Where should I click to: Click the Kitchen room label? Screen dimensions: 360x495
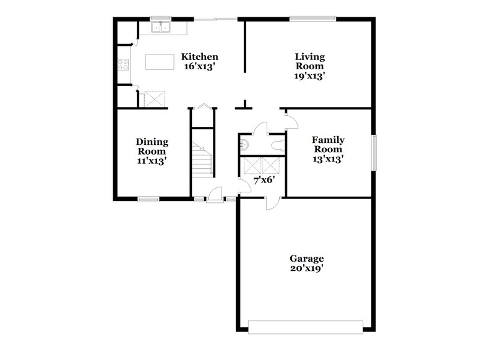pyautogui.click(x=200, y=56)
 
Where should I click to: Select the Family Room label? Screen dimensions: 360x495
pyautogui.click(x=328, y=144)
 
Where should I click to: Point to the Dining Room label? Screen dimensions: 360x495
pyautogui.click(x=152, y=147)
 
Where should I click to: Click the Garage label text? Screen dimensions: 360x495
pyautogui.click(x=307, y=258)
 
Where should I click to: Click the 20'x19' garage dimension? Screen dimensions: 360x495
pyautogui.click(x=307, y=269)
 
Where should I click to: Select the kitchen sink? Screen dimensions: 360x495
pyautogui.click(x=163, y=27)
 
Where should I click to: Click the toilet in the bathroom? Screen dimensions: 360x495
pyautogui.click(x=277, y=146)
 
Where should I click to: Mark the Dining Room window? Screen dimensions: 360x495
pyautogui.click(x=148, y=199)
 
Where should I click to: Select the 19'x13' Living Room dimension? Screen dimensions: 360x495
pyautogui.click(x=309, y=75)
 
